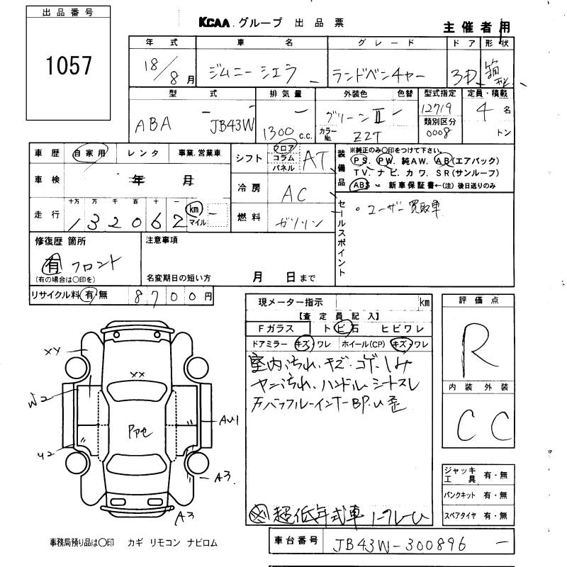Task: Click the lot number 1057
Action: pos(68,66)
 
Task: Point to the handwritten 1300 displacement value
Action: pos(277,133)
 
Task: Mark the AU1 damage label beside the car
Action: pos(228,421)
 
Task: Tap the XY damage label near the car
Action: pos(54,350)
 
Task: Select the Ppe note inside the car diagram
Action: pos(137,430)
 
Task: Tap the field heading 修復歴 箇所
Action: pos(60,242)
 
